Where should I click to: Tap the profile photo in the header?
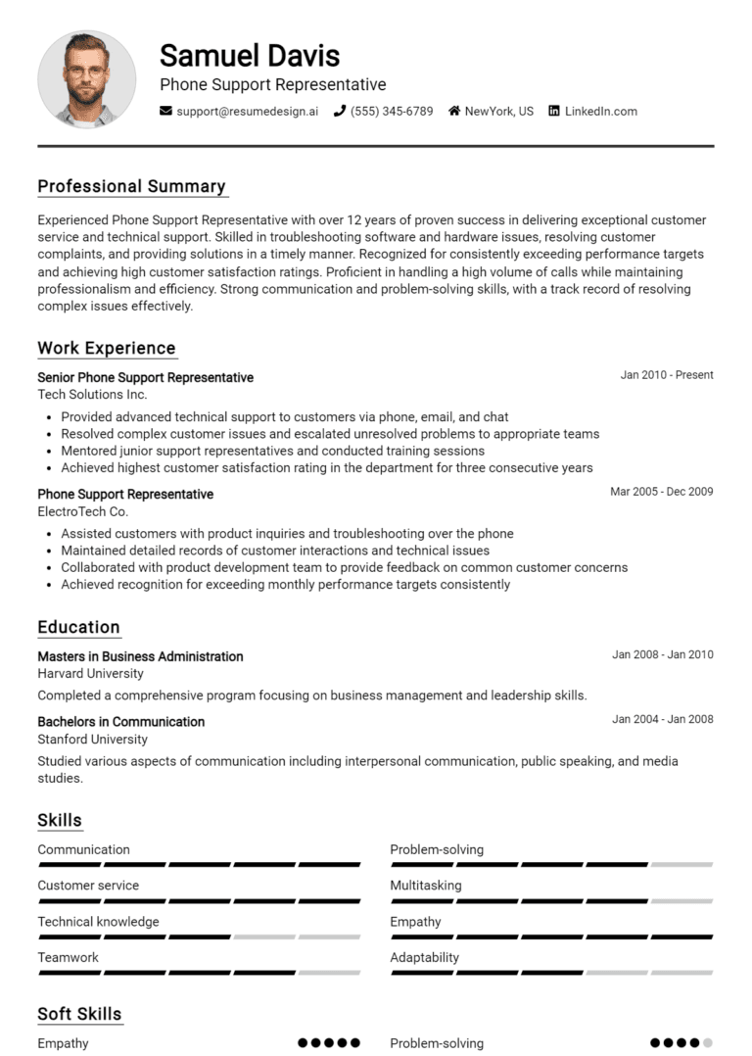point(86,78)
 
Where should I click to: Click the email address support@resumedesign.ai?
point(247,112)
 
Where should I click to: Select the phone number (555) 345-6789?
point(391,112)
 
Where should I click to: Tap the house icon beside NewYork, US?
point(454,112)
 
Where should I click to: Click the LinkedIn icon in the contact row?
point(554,112)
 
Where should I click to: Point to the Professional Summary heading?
point(131,186)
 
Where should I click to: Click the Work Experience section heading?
point(107,348)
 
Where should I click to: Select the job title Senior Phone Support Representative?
point(145,377)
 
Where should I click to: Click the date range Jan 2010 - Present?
point(666,375)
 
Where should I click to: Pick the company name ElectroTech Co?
point(82,511)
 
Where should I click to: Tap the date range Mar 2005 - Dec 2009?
point(661,492)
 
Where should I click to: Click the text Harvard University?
point(90,673)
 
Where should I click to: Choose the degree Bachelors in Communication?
point(120,722)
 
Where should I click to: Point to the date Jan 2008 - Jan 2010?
point(662,654)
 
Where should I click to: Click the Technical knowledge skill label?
point(98,922)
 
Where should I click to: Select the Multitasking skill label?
point(425,886)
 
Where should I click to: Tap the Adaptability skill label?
point(424,958)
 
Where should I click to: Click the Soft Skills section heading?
point(79,1014)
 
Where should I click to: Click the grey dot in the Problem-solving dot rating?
point(708,1043)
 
